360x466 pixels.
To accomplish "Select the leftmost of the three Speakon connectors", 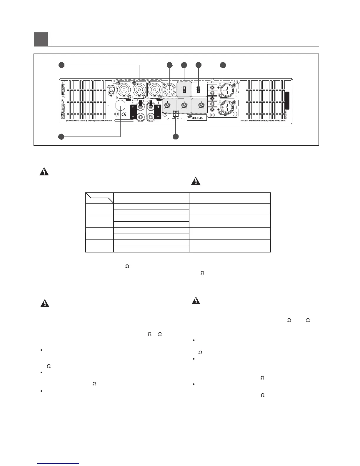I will click(x=124, y=90).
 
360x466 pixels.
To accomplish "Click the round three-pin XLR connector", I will click(x=170, y=89).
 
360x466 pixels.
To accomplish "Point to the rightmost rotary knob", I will click(x=201, y=105).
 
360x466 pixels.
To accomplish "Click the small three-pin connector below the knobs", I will click(x=176, y=113).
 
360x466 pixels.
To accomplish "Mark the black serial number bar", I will click(x=287, y=101).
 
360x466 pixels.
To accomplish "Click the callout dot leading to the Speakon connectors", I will click(x=61, y=65).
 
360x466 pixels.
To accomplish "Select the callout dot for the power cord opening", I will click(x=61, y=137).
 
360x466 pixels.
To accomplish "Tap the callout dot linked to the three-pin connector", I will click(x=176, y=137).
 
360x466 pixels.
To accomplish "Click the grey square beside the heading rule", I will click(x=41, y=39).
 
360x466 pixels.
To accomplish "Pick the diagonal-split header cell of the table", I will click(x=99, y=198).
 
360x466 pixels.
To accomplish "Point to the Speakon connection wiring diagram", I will click(x=111, y=92).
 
